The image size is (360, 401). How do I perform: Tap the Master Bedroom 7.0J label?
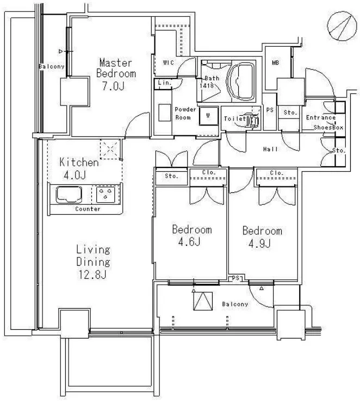pyautogui.click(x=116, y=74)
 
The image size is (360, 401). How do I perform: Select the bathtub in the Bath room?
pyautogui.click(x=241, y=80)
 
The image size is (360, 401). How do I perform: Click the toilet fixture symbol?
pyautogui.click(x=252, y=120)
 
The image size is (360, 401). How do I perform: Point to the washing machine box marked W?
pyautogui.click(x=208, y=116)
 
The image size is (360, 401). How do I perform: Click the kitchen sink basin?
pyautogui.click(x=69, y=195)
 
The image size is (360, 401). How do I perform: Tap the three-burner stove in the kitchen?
pyautogui.click(x=105, y=195)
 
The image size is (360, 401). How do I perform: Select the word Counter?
pyautogui.click(x=88, y=209)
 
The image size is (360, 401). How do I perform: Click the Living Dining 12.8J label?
pyautogui.click(x=94, y=262)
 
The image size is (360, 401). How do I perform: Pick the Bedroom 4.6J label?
pyautogui.click(x=192, y=235)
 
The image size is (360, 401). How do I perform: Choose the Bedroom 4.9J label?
pyautogui.click(x=262, y=237)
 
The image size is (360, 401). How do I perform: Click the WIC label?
pyautogui.click(x=169, y=62)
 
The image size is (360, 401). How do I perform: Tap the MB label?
pyautogui.click(x=276, y=62)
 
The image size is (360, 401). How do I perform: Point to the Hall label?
pyautogui.click(x=270, y=149)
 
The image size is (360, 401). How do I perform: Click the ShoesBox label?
pyautogui.click(x=328, y=127)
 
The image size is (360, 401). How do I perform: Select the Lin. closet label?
pyautogui.click(x=165, y=83)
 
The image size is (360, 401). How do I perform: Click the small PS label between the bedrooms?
pyautogui.click(x=235, y=278)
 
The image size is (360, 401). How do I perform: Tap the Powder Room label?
pyautogui.click(x=185, y=114)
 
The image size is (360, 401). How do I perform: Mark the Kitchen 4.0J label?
pyautogui.click(x=79, y=169)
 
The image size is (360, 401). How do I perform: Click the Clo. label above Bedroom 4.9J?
pyautogui.click(x=277, y=173)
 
